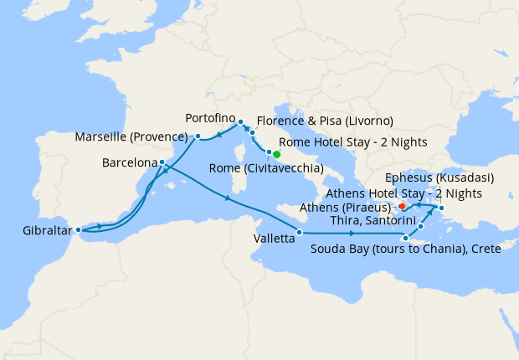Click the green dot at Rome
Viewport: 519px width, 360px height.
click(276, 154)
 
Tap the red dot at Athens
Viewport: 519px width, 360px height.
click(402, 205)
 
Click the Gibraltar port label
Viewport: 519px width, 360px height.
click(39, 229)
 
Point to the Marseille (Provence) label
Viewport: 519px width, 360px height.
click(129, 136)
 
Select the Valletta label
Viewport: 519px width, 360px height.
click(272, 238)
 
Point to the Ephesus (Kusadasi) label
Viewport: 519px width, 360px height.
click(439, 177)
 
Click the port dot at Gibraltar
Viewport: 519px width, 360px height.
click(78, 229)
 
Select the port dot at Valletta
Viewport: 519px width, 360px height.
click(301, 231)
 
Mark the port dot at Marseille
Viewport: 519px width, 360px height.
click(198, 136)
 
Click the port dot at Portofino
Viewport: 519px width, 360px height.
click(239, 121)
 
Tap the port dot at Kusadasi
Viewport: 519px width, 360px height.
click(441, 208)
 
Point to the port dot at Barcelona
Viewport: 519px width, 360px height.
click(162, 162)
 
